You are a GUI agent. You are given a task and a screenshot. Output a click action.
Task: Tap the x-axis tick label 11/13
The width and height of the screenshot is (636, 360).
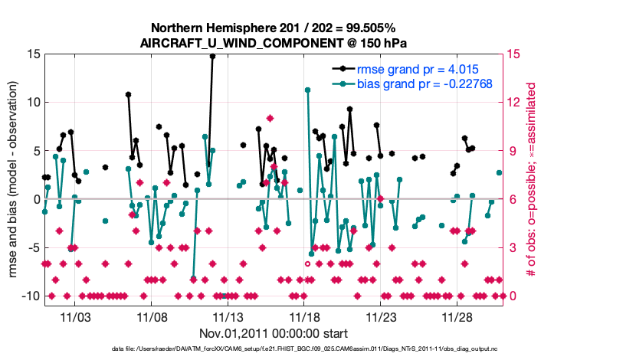pos(228,316)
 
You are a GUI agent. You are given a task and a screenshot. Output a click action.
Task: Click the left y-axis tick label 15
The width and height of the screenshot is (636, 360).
pos(32,54)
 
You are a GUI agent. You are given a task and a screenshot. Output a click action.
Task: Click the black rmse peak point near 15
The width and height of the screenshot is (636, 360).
pos(212,56)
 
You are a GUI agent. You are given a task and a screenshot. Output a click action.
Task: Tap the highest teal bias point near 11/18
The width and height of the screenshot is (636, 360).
pos(307,90)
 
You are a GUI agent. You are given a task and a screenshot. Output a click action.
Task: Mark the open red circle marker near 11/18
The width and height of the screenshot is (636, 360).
pos(307,263)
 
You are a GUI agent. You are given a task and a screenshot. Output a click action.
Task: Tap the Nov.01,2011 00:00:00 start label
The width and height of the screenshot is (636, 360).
pos(274,334)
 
